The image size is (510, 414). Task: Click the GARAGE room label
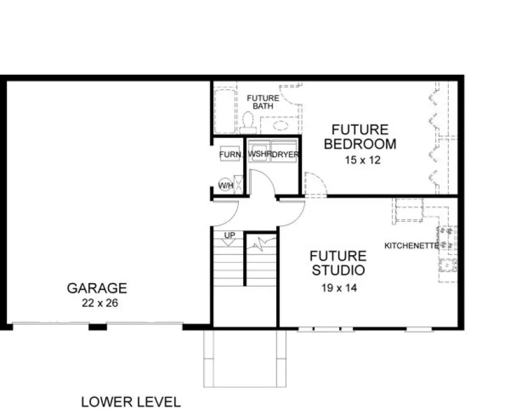coord(97,288)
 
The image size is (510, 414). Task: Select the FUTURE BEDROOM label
coord(360,137)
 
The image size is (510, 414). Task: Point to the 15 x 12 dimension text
coord(362,160)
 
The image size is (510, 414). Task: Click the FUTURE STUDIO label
coord(337,263)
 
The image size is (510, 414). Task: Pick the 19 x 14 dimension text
coord(337,288)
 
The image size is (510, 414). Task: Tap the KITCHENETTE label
coord(411,246)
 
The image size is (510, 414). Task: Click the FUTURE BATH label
coord(263,102)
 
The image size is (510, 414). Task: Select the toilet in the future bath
coord(247,120)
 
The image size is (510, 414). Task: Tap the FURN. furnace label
coord(228,154)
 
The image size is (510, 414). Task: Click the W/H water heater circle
coord(225,185)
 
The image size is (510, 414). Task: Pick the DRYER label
coord(285,154)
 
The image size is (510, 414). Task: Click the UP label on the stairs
coord(230,234)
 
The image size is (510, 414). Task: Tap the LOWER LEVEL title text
coord(130,402)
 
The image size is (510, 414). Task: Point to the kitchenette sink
coord(448,264)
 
